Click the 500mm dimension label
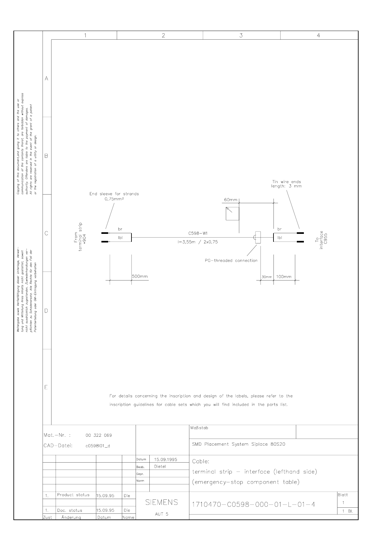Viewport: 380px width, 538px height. pyautogui.click(x=140, y=276)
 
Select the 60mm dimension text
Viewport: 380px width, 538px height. pyautogui.click(x=231, y=200)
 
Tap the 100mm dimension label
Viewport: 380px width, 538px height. pyautogui.click(x=284, y=277)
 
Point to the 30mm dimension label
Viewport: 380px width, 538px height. pyautogui.click(x=266, y=277)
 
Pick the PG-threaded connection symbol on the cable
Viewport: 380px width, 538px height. pyautogui.click(x=258, y=237)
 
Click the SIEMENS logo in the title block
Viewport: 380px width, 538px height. pyautogui.click(x=162, y=502)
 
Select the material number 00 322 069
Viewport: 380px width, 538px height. pyautogui.click(x=99, y=435)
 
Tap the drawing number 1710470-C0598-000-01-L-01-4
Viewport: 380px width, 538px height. pyautogui.click(x=253, y=504)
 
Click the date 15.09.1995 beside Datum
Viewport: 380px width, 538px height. pyautogui.click(x=166, y=459)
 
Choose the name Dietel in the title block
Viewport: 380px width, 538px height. pyautogui.click(x=160, y=466)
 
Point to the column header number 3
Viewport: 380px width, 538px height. pyautogui.click(x=241, y=35)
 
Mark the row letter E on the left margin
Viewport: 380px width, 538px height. pyautogui.click(x=46, y=388)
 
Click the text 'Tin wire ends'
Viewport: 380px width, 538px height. pyautogui.click(x=286, y=182)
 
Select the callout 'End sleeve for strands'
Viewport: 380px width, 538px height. pyautogui.click(x=114, y=194)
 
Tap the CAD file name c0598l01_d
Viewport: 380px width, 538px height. pyautogui.click(x=98, y=446)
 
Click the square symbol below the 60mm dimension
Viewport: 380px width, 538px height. pyautogui.click(x=232, y=214)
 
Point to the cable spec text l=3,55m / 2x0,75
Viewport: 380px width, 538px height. pyautogui.click(x=198, y=242)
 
